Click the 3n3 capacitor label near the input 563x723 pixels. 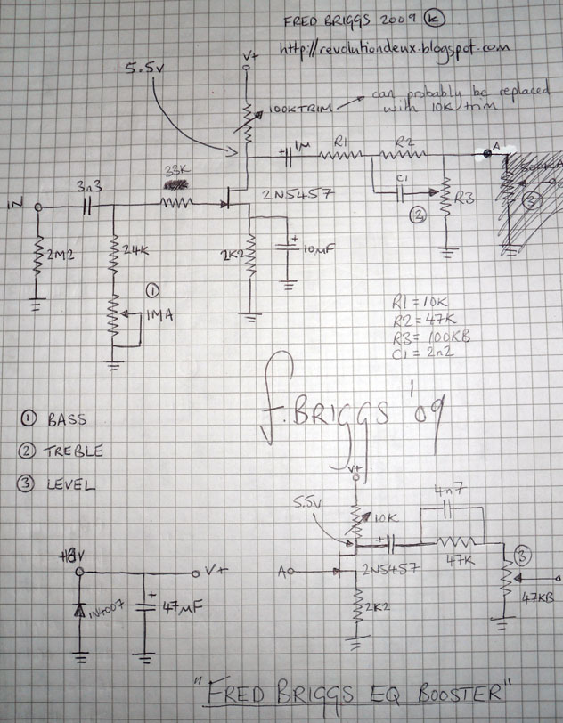click(89, 189)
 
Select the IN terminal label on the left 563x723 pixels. click(15, 207)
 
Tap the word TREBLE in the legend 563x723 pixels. click(75, 451)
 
